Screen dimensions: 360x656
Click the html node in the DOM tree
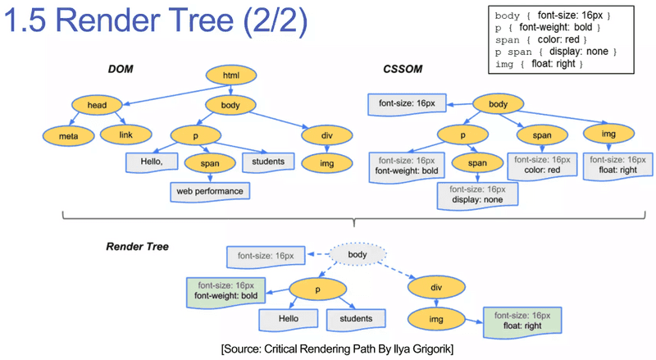tap(230, 76)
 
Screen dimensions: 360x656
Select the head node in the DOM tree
tap(98, 105)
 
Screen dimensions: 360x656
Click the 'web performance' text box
tap(210, 191)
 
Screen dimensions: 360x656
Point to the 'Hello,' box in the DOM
tap(151, 162)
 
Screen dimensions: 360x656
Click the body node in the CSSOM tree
tap(499, 104)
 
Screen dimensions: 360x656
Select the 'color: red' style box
tap(538, 164)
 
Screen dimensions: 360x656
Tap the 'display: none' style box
tap(479, 194)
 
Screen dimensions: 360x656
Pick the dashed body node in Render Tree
tap(358, 256)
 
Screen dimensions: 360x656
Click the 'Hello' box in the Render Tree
tap(288, 318)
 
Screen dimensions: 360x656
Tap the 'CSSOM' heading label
tap(403, 69)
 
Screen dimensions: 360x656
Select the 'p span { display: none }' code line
tap(555, 52)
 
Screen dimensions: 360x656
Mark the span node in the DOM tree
tap(209, 163)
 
